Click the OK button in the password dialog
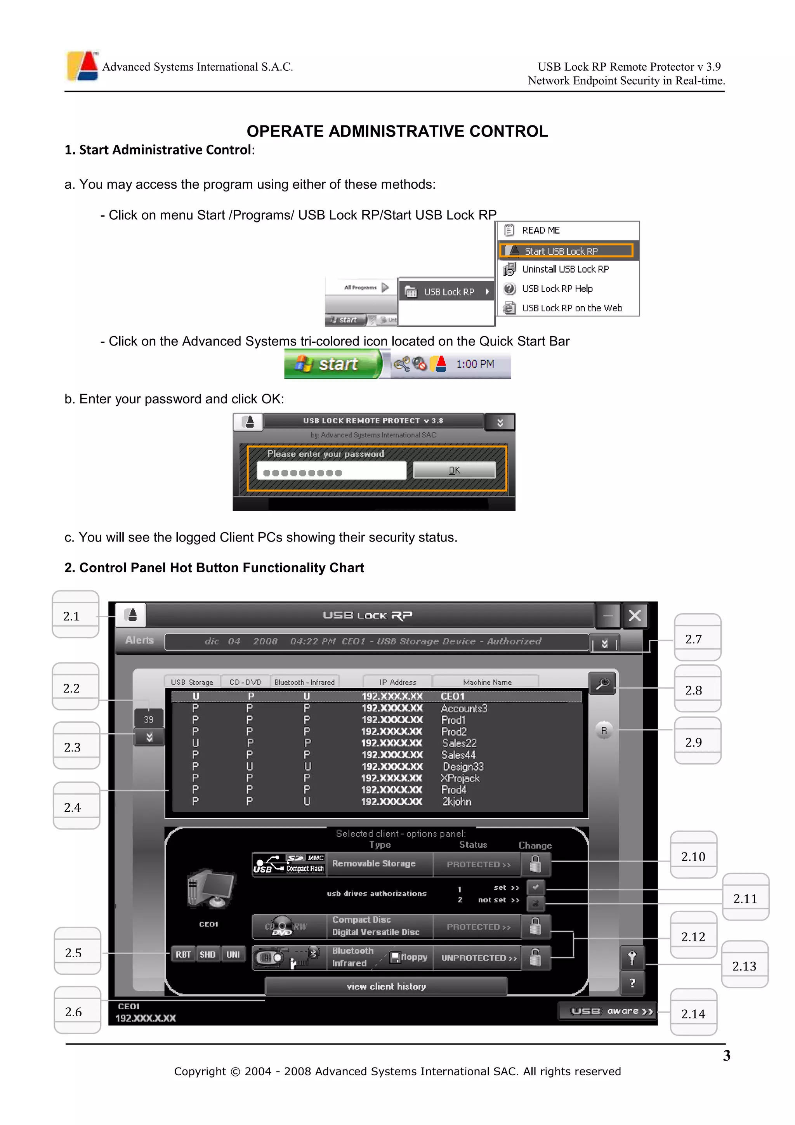tap(454, 470)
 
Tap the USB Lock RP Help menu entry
tap(557, 288)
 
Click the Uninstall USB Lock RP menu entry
tap(565, 269)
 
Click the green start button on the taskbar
tap(333, 364)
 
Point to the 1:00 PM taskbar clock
tap(475, 364)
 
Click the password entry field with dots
tap(331, 471)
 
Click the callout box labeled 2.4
tap(76, 807)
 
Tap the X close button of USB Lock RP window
tap(634, 615)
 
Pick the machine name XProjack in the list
tap(460, 778)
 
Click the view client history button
tap(386, 986)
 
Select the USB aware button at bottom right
tap(608, 1011)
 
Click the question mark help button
tap(632, 983)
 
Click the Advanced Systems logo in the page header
tap(82, 66)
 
